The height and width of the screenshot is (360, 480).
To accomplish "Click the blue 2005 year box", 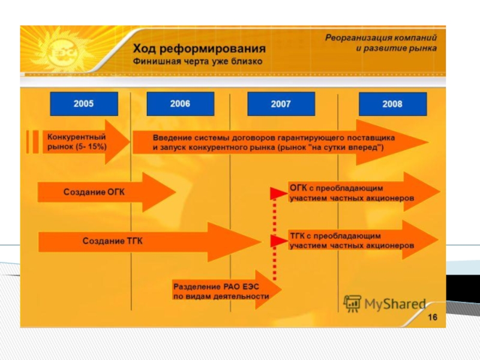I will tap(83, 104).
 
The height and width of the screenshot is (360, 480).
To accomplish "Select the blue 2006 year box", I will tap(180, 104).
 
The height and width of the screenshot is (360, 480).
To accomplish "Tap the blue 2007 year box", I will tap(280, 104).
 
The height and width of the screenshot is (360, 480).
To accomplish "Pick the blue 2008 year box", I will tap(392, 104).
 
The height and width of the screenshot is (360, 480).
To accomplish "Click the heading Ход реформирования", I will tap(199, 49).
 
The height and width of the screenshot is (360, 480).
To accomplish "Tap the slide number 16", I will tap(432, 317).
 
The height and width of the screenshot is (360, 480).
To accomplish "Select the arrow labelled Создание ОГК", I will tap(102, 192).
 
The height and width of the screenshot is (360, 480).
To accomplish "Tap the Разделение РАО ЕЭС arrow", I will tap(222, 291).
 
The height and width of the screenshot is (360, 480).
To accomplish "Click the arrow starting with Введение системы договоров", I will tap(270, 143).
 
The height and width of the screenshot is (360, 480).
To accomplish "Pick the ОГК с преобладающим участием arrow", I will tap(354, 192).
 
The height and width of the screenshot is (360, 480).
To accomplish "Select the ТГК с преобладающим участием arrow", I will tap(354, 241).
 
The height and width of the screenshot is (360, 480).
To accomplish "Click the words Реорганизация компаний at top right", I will tap(381, 37).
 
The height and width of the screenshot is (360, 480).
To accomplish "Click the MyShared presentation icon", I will tap(352, 303).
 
